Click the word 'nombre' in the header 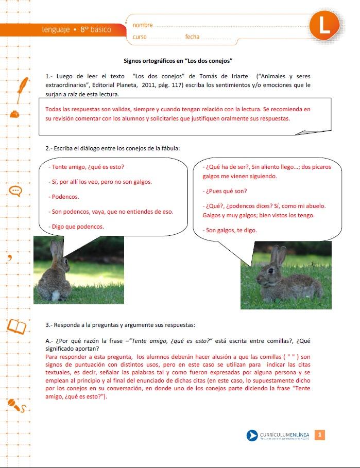coord(143,25)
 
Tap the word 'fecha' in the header coord(192,37)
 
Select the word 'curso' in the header coord(140,37)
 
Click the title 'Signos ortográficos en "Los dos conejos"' coord(179,60)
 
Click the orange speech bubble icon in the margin coord(16,191)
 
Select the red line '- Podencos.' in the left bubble coord(65,197)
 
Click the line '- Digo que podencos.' coord(78,227)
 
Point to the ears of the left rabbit coord(57,250)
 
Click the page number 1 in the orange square coord(319,436)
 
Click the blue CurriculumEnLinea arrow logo coord(252,436)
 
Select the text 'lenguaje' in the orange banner coord(56,30)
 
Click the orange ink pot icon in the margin coord(16,113)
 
